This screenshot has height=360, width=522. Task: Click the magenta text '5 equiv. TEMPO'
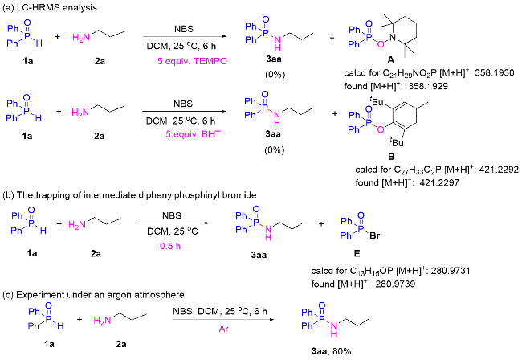click(x=192, y=61)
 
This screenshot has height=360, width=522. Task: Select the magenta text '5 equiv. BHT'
click(x=193, y=134)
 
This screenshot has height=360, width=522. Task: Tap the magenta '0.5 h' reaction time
click(x=170, y=246)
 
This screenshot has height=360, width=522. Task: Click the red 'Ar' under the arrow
click(x=224, y=329)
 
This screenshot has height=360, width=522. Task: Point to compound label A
click(x=391, y=59)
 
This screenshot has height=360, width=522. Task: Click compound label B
click(x=392, y=157)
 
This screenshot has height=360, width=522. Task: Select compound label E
click(x=357, y=254)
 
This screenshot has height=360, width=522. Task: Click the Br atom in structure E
click(x=374, y=235)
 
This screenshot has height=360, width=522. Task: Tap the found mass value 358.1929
click(x=428, y=86)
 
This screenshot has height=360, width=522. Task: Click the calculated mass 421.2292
click(x=499, y=170)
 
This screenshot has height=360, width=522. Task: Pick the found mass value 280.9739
click(x=395, y=284)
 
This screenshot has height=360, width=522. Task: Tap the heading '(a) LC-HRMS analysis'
click(x=50, y=7)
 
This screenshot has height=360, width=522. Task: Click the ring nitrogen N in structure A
click(x=393, y=38)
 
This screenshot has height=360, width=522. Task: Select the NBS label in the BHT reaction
click(x=183, y=104)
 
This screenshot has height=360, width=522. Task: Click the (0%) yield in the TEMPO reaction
click(x=275, y=75)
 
